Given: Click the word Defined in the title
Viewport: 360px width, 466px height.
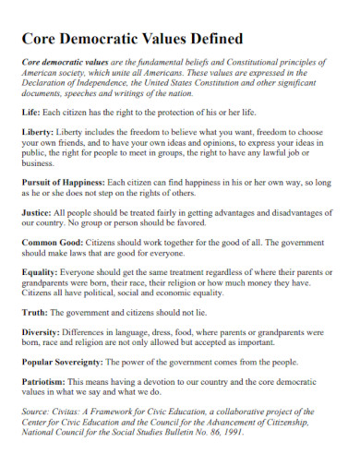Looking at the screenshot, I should click(x=210, y=39).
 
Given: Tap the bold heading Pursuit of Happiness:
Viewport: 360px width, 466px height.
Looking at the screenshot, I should click(x=66, y=185).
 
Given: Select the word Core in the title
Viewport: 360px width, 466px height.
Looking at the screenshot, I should click(x=41, y=39).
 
